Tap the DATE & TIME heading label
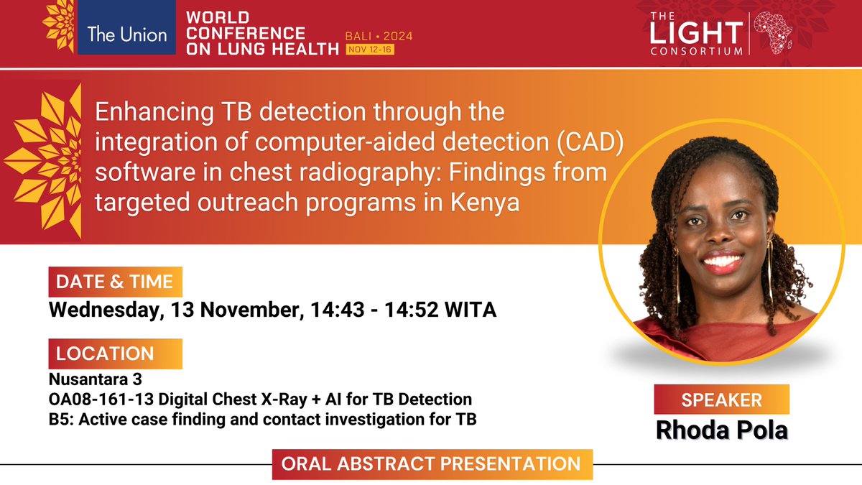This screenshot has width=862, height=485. (x=115, y=282)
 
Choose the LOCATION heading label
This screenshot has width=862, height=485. (x=105, y=354)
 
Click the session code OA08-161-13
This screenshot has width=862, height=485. (x=96, y=398)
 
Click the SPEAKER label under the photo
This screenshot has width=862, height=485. (x=720, y=399)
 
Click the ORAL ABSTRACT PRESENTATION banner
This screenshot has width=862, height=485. (x=432, y=463)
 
